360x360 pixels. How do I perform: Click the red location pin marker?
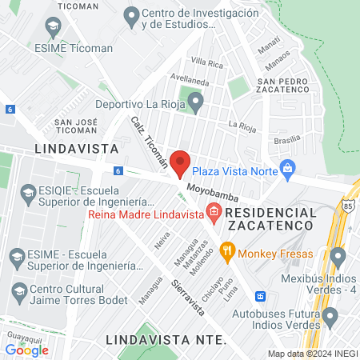pyautogui.click(x=181, y=162)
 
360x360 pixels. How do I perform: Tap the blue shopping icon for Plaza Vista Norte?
pyautogui.click(x=289, y=169)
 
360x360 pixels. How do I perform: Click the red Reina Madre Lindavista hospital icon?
pyautogui.click(x=213, y=211)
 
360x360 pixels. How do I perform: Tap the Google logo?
pyautogui.click(x=26, y=349)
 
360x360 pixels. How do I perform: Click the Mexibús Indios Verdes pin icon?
pyautogui.click(x=338, y=258)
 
